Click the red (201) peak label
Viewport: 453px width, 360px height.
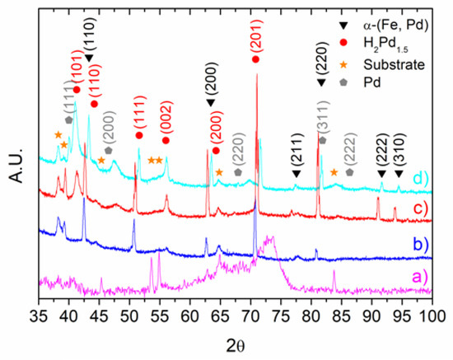(x=256, y=38)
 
